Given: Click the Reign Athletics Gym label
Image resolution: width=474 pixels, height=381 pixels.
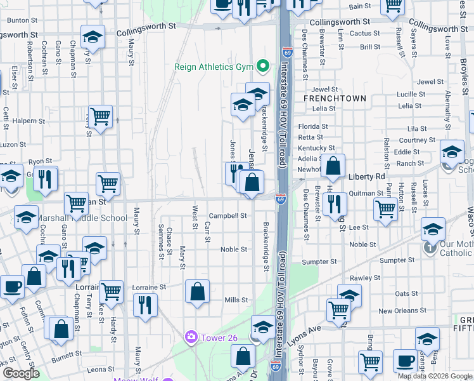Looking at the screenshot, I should (215, 67).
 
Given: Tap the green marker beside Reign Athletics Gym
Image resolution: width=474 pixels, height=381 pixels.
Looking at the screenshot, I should (261, 67).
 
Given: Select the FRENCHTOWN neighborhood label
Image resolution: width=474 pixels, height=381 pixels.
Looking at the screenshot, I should (335, 98).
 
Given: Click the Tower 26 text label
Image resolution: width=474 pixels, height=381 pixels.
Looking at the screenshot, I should (219, 337).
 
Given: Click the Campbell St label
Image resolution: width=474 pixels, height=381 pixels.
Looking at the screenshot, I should (228, 216).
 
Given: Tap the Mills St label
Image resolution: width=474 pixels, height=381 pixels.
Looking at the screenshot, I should (236, 300).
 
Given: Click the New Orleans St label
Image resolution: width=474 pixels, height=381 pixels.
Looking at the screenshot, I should (404, 311).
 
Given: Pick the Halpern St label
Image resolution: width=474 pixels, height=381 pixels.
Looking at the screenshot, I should (25, 121).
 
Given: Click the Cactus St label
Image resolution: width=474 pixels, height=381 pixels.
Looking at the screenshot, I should (364, 33).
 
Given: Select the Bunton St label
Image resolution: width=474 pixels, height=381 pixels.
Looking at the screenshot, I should (18, 20).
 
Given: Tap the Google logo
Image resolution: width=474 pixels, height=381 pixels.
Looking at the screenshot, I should (20, 373).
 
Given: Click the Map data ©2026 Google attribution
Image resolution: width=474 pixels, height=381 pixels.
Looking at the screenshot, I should (434, 376).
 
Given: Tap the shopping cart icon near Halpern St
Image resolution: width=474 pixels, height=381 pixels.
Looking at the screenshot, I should (100, 117).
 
